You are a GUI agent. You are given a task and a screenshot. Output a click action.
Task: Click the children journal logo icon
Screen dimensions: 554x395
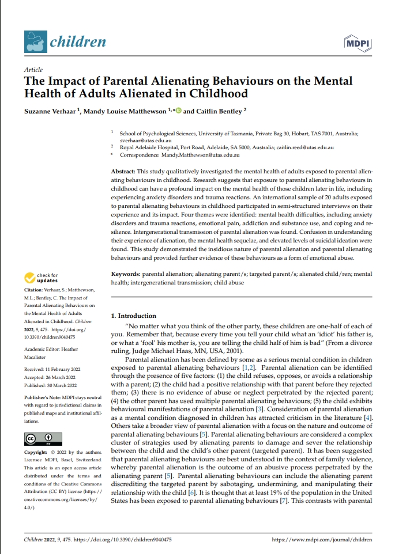click(35, 41)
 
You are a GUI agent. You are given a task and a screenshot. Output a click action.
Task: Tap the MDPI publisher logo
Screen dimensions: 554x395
click(357, 42)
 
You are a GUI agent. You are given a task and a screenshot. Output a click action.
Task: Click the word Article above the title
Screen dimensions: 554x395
click(33, 70)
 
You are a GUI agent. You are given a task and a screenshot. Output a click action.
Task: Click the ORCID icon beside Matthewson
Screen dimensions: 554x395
click(178, 111)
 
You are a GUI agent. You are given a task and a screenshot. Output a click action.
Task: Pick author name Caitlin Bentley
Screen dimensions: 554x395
click(218, 111)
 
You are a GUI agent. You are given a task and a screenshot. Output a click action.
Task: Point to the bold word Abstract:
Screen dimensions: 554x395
click(123, 172)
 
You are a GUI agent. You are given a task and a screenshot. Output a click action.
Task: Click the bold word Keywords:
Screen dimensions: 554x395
click(125, 275)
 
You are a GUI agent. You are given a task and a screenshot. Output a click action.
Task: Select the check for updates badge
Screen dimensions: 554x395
click(42, 278)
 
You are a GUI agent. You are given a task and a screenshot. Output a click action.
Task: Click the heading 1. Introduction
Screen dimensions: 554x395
click(133, 316)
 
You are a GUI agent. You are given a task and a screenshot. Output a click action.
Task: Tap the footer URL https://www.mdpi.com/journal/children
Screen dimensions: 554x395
click(321, 541)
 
